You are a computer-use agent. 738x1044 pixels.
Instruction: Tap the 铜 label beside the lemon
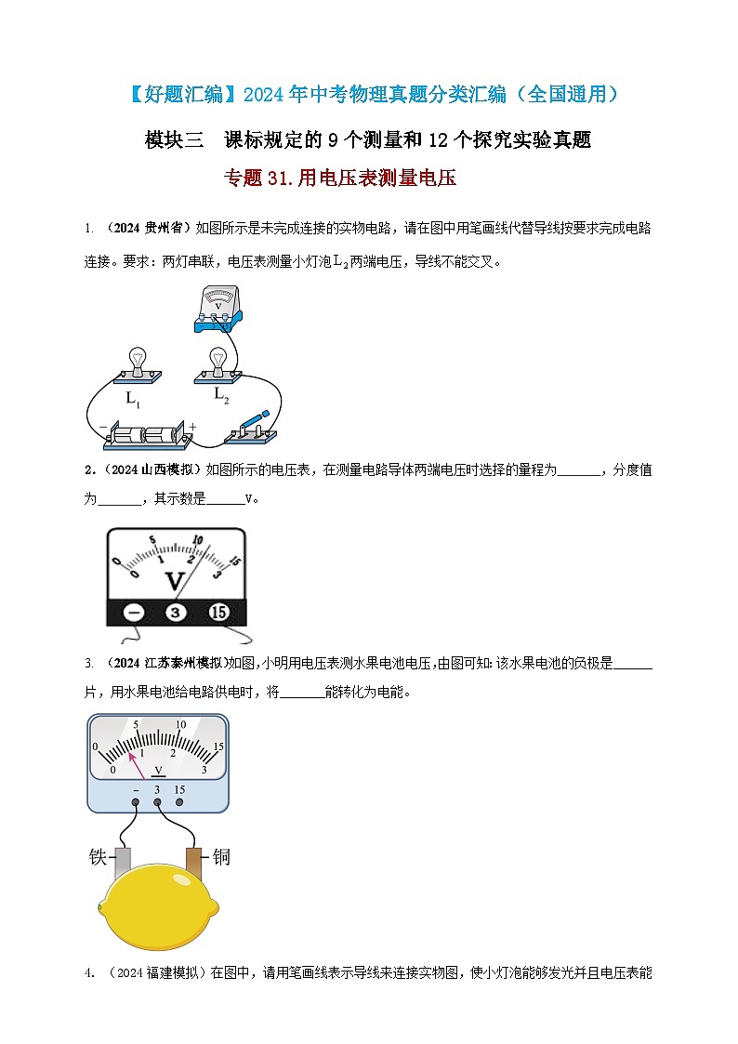point(221,857)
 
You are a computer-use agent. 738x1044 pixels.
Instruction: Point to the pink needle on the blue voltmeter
point(138,764)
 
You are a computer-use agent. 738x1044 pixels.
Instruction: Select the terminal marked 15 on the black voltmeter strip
point(218,612)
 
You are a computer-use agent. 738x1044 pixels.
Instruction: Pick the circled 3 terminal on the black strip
point(176,612)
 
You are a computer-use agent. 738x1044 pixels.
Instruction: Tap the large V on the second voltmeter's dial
point(174,582)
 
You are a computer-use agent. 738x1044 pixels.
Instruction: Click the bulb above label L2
point(218,361)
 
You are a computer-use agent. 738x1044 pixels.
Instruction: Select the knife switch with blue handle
point(250,429)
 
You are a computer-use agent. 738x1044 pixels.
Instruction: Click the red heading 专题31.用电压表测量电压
point(341,178)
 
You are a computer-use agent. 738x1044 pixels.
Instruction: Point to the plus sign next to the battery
point(193,427)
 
